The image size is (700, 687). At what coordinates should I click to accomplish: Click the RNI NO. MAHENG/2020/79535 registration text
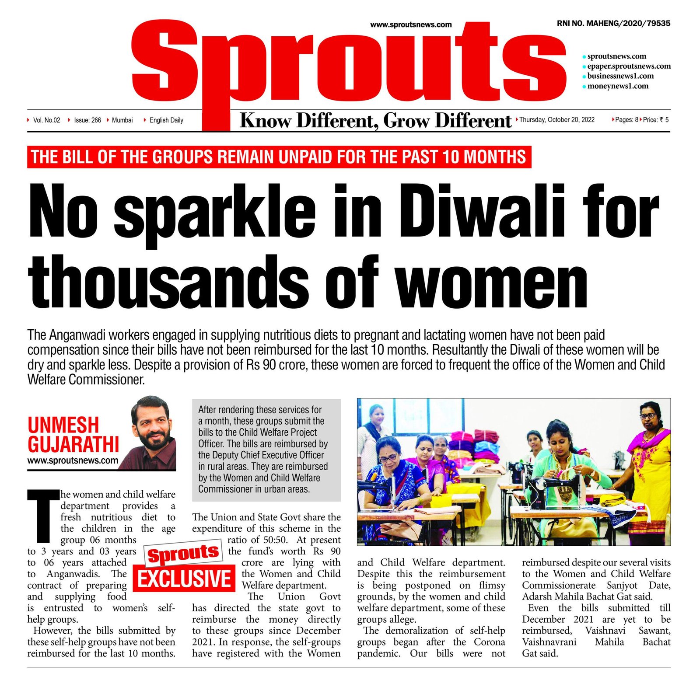(x=613, y=24)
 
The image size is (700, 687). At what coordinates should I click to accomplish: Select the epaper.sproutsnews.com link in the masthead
(x=628, y=66)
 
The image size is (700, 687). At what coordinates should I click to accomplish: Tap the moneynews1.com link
(x=617, y=86)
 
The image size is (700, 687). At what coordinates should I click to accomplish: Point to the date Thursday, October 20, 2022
(x=556, y=120)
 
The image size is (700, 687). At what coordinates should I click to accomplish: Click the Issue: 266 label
(x=87, y=120)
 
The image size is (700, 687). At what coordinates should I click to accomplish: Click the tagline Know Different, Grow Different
(x=375, y=121)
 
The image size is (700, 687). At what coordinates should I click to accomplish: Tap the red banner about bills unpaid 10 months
(x=279, y=157)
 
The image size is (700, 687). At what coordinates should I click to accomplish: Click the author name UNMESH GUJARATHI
(x=73, y=434)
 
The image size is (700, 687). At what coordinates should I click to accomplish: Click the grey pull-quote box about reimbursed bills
(x=266, y=449)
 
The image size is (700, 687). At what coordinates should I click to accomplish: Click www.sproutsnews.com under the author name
(x=73, y=460)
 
